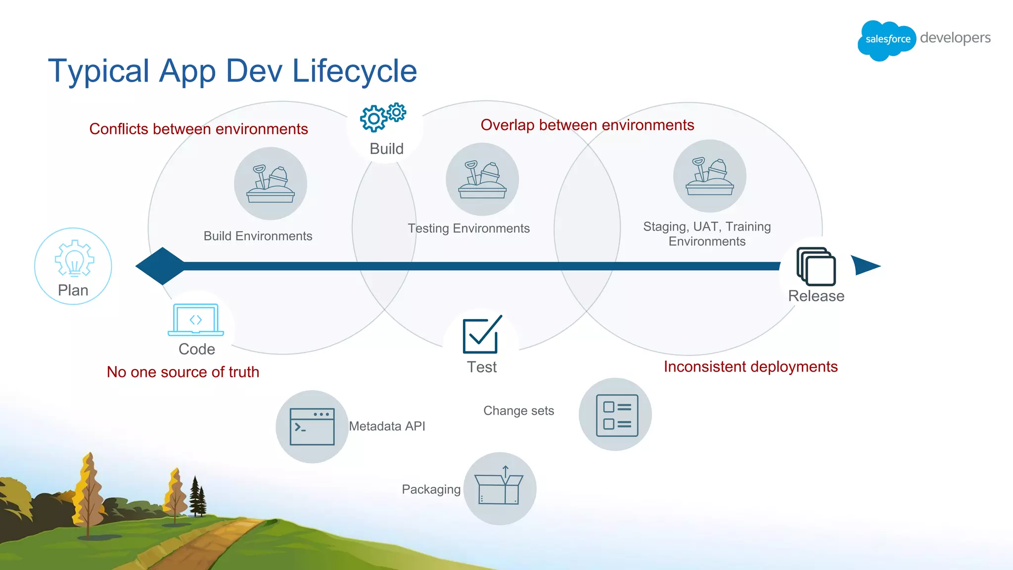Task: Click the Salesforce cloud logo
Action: point(886,40)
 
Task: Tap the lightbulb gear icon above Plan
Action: point(74,258)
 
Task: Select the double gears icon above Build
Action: point(382,117)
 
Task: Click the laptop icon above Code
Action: point(196,320)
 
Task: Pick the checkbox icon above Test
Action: point(482,335)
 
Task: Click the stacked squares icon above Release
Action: point(816,267)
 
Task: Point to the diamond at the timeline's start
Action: point(161,266)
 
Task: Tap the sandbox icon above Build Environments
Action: point(271,184)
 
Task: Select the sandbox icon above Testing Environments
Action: point(482,179)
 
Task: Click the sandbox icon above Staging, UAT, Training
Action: point(709,176)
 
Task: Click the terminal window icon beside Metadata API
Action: point(312,427)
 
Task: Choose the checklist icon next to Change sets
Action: point(616,415)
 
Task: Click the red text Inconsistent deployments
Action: point(750,367)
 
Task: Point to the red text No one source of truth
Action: point(183,372)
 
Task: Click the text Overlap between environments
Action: point(587,125)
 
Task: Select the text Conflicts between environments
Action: point(198,129)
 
